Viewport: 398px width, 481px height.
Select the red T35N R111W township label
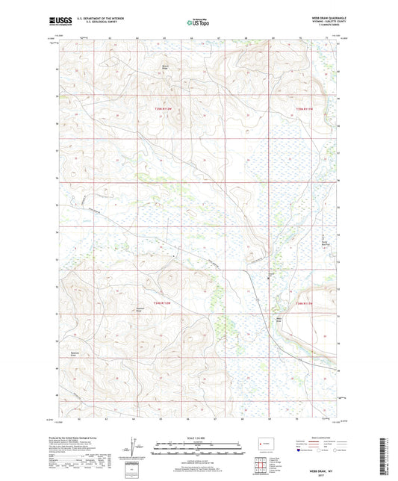click(x=308, y=109)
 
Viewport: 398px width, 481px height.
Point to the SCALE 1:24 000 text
click(x=199, y=438)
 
